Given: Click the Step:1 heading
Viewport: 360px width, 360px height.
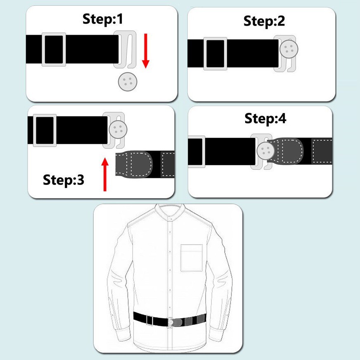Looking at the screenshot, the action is click(x=103, y=19).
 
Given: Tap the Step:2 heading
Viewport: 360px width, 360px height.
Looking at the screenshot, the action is click(x=264, y=21).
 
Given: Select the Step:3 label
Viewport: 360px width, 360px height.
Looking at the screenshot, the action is click(x=63, y=180).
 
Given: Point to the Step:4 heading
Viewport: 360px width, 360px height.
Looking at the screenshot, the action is click(x=265, y=119).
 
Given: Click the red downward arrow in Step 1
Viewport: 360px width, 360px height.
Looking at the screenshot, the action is click(x=146, y=51).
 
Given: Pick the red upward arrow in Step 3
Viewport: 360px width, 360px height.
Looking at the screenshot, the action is click(x=105, y=174).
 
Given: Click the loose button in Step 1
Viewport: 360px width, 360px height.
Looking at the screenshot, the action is click(x=128, y=81).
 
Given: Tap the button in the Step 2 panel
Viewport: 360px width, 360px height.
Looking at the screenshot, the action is click(x=289, y=49).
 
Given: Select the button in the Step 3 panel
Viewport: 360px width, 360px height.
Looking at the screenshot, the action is click(x=118, y=130).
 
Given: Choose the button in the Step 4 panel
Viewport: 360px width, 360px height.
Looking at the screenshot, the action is click(x=266, y=151).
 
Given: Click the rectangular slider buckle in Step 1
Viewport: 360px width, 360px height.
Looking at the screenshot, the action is click(x=54, y=50).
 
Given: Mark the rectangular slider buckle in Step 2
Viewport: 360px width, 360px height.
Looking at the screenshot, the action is click(x=216, y=54).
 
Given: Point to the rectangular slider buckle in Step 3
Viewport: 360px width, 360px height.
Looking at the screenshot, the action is click(x=45, y=130).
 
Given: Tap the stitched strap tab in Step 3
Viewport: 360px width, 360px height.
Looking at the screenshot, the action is click(x=134, y=164).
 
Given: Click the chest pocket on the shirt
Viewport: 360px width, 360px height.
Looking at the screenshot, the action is click(x=192, y=258).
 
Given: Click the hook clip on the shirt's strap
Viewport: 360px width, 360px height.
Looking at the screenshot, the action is click(x=171, y=322).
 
